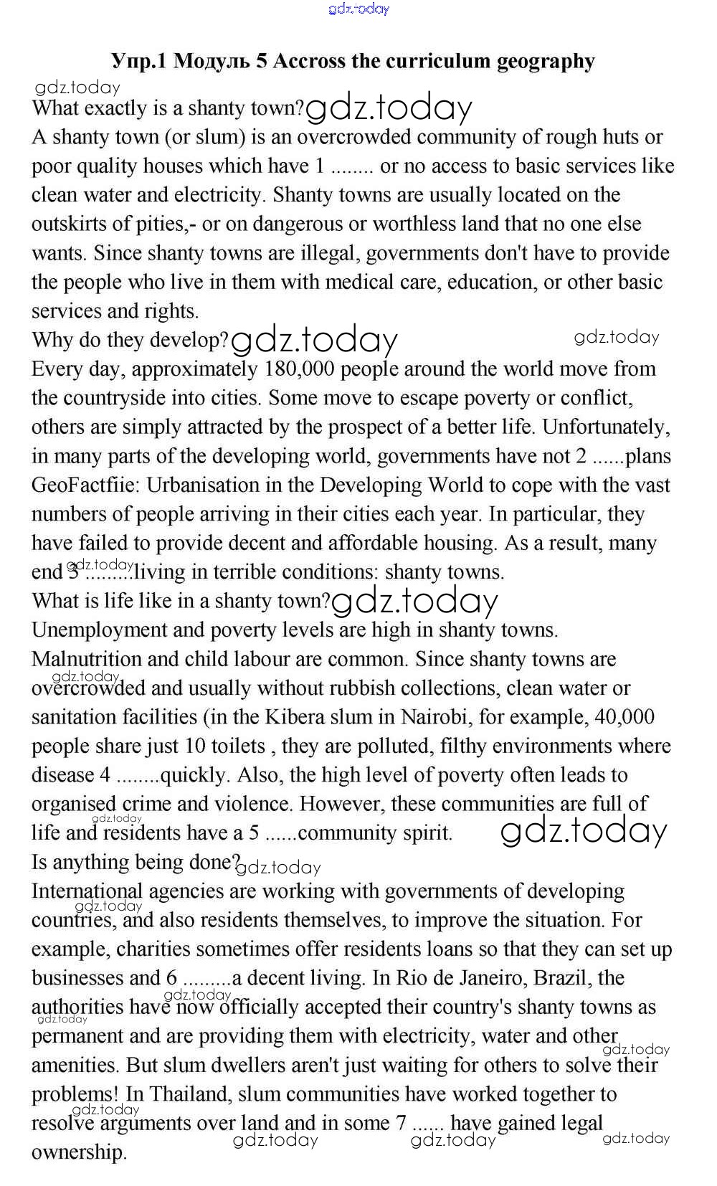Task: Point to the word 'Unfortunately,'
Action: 606,427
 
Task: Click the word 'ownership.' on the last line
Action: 79,1152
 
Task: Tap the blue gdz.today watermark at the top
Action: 358,9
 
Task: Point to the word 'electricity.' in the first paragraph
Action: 222,195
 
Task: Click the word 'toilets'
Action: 238,746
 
